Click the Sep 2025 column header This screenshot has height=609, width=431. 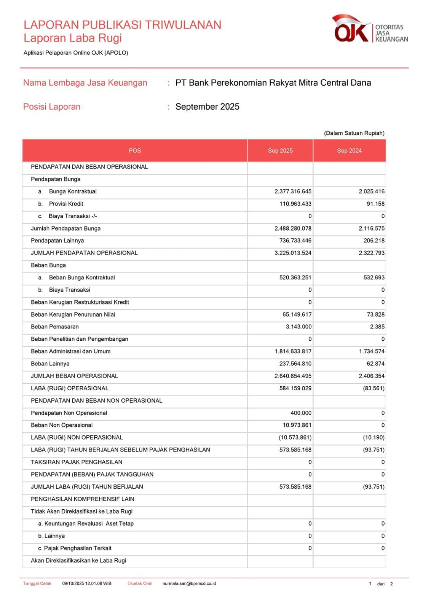[280, 151]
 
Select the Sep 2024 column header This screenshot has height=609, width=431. [349, 151]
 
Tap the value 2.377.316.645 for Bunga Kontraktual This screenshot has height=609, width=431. [293, 191]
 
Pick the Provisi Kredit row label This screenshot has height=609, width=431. [66, 204]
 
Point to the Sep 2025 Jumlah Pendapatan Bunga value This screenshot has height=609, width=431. [293, 229]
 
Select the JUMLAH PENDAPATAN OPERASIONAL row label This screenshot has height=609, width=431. [84, 253]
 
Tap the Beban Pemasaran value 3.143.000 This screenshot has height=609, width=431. [299, 327]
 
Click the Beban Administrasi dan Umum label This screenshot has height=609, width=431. [70, 352]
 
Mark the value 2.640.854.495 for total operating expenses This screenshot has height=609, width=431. [293, 376]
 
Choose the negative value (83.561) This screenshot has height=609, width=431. [374, 389]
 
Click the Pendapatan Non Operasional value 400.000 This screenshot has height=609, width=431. [301, 413]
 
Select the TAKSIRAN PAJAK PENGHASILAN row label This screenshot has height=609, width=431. [77, 462]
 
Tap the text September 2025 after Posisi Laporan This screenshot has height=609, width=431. [207, 107]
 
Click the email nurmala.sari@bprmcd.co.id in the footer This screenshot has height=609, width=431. [189, 583]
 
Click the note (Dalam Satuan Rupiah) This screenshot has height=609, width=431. [354, 133]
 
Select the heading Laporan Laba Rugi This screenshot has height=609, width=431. [73, 38]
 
